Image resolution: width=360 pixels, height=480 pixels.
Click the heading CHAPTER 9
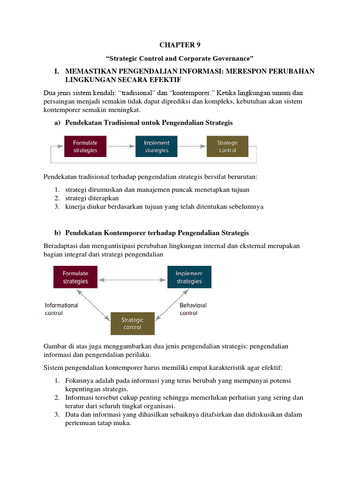tap(180, 45)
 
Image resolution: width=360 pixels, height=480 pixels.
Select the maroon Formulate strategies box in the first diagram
tap(85, 146)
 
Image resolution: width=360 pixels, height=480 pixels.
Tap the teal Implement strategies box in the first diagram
tap(157, 146)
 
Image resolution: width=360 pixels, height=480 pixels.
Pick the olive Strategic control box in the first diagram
tap(227, 146)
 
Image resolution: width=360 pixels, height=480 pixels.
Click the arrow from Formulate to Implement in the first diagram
tap(120, 146)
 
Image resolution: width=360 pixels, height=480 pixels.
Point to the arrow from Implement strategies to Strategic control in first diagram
tap(192, 146)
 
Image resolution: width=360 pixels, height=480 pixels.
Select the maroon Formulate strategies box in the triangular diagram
tap(75, 277)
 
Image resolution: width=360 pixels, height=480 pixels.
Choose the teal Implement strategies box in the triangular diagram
tap(189, 277)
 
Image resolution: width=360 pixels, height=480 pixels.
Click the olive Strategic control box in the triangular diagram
tap(132, 323)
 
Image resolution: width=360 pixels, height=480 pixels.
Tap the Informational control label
tap(61, 309)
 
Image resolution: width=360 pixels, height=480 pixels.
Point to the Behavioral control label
tap(193, 309)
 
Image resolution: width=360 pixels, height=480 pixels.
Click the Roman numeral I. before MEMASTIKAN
tap(57, 71)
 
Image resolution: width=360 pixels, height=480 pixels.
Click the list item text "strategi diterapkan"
tap(92, 198)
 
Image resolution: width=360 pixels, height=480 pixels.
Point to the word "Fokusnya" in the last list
tap(79, 381)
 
